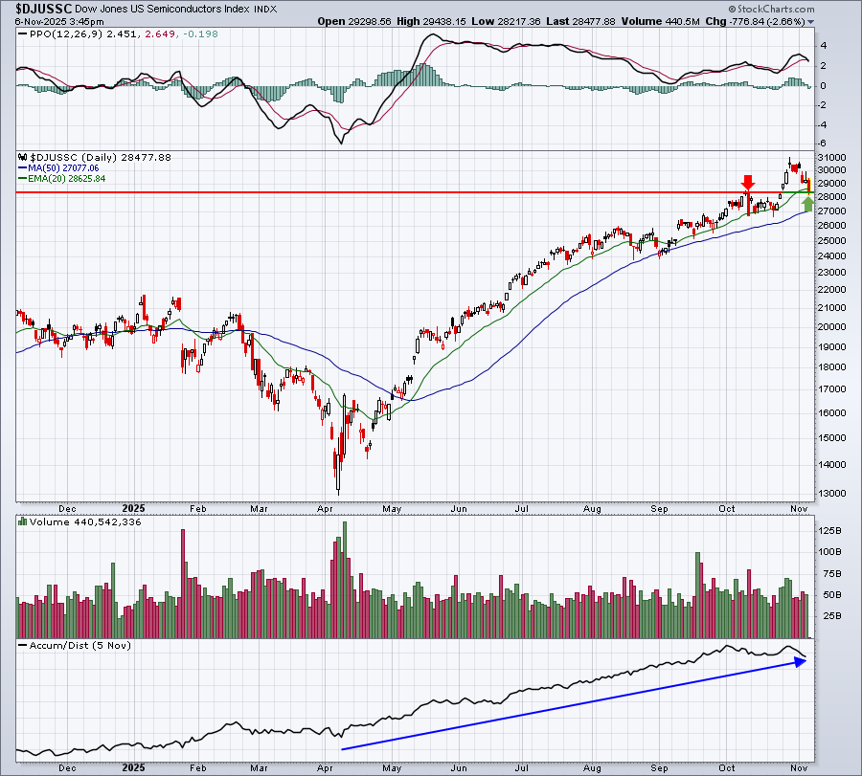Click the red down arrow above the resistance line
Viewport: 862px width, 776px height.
pos(748,183)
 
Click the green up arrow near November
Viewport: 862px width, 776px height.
pos(807,204)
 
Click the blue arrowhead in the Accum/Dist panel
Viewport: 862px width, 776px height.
pos(801,662)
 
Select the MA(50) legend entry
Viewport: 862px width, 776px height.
pos(58,168)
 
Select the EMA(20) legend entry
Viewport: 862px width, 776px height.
pos(62,179)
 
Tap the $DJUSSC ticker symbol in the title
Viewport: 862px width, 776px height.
pos(43,9)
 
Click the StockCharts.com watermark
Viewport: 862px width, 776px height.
pos(771,9)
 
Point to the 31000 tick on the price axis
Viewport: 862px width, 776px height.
pos(831,157)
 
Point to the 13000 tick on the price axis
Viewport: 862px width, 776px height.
pos(831,493)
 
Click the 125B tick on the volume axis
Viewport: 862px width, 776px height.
pos(831,530)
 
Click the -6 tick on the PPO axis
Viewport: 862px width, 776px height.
pos(823,144)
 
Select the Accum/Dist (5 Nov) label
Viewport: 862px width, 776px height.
pos(75,645)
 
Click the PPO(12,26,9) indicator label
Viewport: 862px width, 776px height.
pos(60,34)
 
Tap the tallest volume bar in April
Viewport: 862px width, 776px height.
pos(345,580)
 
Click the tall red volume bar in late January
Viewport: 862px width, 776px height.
pos(183,584)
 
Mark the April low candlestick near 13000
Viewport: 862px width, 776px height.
pos(338,474)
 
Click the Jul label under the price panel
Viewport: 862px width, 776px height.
pos(522,508)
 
